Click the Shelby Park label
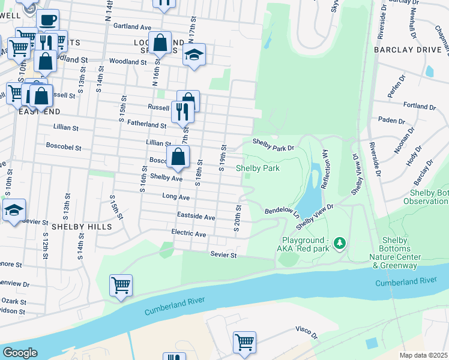(x=258, y=169)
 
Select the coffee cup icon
(x=47, y=20)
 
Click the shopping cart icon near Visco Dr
(x=244, y=343)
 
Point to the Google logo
(x=20, y=353)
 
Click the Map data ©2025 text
(x=423, y=355)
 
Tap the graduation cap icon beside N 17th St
(x=194, y=55)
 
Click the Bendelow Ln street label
(x=282, y=212)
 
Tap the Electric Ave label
(x=188, y=233)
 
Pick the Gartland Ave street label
(x=132, y=27)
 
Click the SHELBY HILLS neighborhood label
(x=82, y=227)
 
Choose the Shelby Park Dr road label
(x=273, y=145)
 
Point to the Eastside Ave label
(x=196, y=216)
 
